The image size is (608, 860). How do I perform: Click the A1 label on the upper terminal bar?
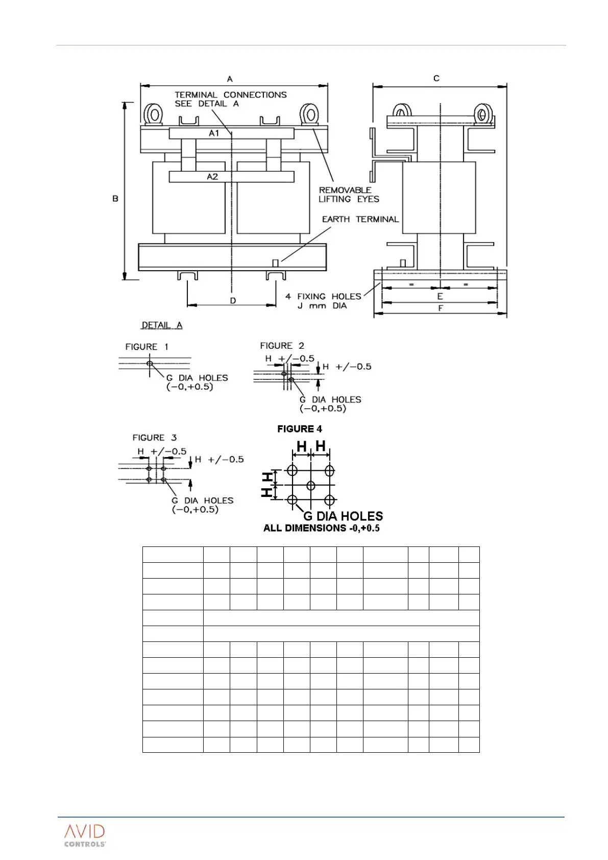(x=214, y=133)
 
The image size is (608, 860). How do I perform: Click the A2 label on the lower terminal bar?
(x=212, y=177)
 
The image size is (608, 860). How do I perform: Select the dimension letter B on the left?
(x=115, y=198)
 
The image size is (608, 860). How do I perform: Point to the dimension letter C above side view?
(x=436, y=78)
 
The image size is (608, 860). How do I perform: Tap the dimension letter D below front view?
(x=233, y=301)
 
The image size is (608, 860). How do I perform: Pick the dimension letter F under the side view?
(x=441, y=308)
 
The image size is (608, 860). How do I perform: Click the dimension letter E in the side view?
(x=440, y=296)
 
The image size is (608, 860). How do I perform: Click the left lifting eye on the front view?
(x=153, y=113)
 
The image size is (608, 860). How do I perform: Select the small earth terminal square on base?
(x=275, y=263)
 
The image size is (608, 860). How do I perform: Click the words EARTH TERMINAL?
(x=360, y=219)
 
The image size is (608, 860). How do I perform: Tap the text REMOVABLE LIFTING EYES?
(x=349, y=195)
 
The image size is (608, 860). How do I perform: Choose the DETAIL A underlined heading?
(x=162, y=325)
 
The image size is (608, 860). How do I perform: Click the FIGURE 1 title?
(x=147, y=347)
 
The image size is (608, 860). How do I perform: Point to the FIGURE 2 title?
(x=282, y=346)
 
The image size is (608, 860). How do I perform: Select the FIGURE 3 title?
(x=154, y=438)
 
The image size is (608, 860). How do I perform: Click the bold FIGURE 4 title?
(x=300, y=429)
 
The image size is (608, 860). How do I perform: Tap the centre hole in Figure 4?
(x=310, y=485)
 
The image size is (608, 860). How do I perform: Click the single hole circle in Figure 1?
(x=150, y=364)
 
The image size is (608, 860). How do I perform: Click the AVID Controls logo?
(x=85, y=835)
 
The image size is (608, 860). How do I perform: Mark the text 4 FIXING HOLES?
(x=323, y=296)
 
